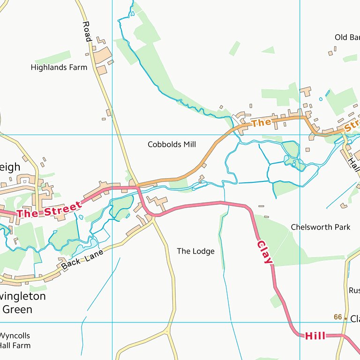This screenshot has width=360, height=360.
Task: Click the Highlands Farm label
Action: click(x=59, y=67)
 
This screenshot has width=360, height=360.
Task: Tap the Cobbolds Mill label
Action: click(x=172, y=144)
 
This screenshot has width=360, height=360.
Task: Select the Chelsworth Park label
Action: click(x=320, y=227)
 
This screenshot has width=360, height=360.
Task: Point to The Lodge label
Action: click(x=195, y=251)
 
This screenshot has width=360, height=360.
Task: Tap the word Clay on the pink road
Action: click(x=264, y=252)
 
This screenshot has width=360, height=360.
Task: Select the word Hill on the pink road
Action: click(x=315, y=336)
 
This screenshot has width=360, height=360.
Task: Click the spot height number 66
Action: click(x=337, y=317)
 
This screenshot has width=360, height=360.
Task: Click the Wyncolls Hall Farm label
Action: click(x=15, y=341)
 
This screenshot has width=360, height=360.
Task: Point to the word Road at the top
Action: click(x=86, y=31)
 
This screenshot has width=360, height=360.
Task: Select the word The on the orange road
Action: click(x=262, y=123)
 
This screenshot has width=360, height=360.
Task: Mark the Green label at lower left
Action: click(x=17, y=309)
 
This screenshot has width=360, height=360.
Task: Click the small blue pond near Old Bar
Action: click(x=321, y=99)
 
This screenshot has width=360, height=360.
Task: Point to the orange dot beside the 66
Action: click(x=345, y=318)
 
